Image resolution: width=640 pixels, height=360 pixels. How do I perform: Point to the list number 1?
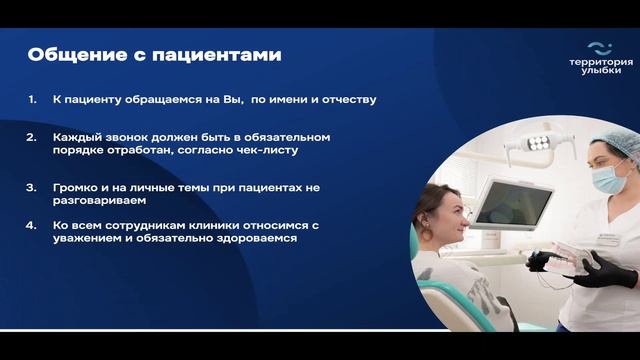32,101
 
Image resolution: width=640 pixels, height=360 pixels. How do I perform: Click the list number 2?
32,136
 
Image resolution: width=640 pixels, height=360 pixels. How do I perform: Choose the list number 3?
32,188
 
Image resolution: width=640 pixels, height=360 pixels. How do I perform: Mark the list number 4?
32,226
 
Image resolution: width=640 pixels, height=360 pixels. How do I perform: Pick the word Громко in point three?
76,188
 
